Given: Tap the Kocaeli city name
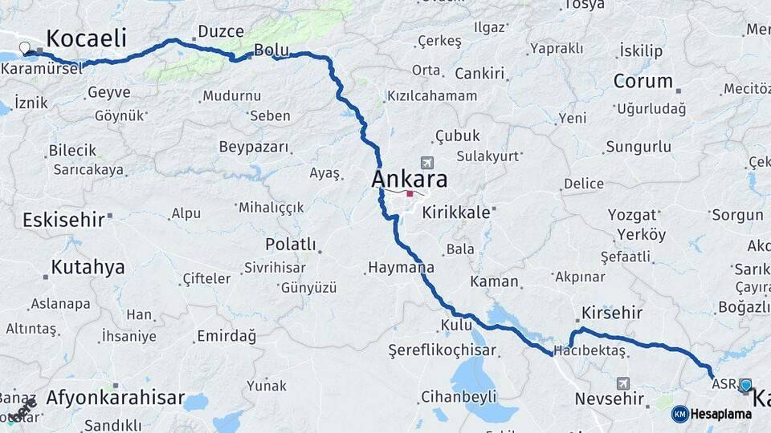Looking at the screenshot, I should (87, 38).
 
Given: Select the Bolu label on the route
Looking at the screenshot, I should (271, 51).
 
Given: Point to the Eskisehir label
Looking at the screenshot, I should (63, 219).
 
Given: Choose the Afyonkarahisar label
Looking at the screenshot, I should (115, 397).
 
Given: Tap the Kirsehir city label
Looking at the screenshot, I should (611, 312).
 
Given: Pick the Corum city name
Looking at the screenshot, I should (642, 81).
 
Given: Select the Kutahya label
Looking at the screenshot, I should (88, 267).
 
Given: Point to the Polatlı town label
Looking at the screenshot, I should (290, 244).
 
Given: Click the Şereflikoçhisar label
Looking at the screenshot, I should (442, 350).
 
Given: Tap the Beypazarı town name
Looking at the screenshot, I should (253, 147).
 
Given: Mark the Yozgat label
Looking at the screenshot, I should (631, 214).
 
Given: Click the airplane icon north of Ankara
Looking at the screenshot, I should (426, 163).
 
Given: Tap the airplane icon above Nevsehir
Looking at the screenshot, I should (623, 383).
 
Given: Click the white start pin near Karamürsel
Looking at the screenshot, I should (25, 48).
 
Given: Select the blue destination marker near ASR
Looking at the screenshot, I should (745, 386).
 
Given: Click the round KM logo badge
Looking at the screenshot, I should (679, 414).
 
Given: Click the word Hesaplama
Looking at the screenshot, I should (720, 414).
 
